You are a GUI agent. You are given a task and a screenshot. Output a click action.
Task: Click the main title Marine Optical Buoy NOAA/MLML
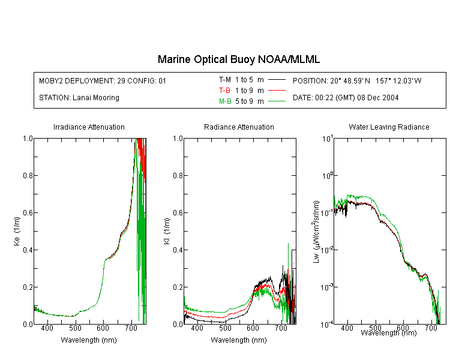pyautogui.click(x=238, y=59)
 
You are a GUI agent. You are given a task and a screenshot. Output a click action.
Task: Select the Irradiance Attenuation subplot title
pyautogui.click(x=89, y=127)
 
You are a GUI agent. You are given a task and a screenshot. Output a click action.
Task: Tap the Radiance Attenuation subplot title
pyautogui.click(x=239, y=127)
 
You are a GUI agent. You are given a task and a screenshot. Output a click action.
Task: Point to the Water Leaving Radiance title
pyautogui.click(x=389, y=127)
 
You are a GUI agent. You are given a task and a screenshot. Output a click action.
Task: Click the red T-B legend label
pyautogui.click(x=224, y=91)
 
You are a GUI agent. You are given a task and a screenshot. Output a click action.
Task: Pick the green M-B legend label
pyautogui.click(x=225, y=101)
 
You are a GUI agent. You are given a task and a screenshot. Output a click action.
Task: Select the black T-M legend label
pyautogui.click(x=225, y=80)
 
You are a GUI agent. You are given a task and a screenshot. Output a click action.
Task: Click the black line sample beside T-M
pyautogui.click(x=277, y=80)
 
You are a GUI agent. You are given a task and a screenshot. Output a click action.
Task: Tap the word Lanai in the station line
pyautogui.click(x=81, y=98)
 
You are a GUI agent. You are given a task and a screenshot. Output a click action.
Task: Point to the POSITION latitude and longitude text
pyautogui.click(x=357, y=80)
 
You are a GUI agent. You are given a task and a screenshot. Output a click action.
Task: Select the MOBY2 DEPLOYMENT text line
pyautogui.click(x=103, y=80)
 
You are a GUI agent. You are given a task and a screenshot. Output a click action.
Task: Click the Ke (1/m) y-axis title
pyautogui.click(x=17, y=232)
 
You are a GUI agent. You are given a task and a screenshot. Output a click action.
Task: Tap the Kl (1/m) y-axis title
pyautogui.click(x=167, y=232)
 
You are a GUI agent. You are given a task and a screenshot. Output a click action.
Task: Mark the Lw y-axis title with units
pyautogui.click(x=316, y=232)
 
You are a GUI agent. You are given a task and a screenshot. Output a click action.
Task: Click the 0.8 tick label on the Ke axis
pyautogui.click(x=28, y=175)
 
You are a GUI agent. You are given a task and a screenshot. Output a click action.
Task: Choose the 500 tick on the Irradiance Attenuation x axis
pyautogui.click(x=75, y=328)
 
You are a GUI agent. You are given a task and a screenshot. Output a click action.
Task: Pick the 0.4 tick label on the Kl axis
pyautogui.click(x=178, y=250)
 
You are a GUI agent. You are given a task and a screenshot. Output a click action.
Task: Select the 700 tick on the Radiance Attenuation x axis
pyautogui.click(x=281, y=328)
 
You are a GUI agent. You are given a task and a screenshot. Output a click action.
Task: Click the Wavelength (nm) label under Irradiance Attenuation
pyautogui.click(x=89, y=340)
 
